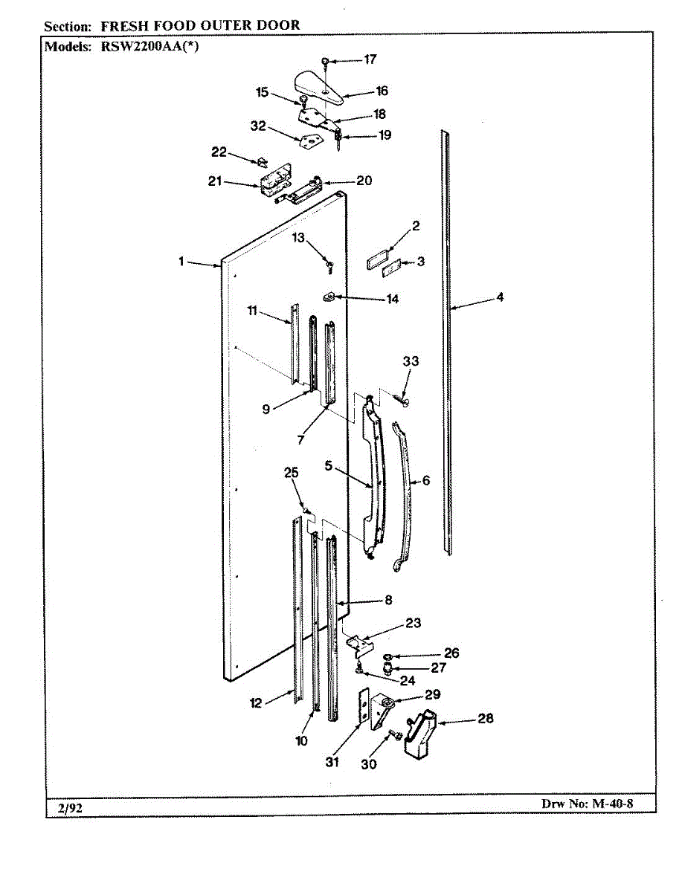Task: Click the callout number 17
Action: [370, 59]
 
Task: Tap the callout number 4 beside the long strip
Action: [500, 298]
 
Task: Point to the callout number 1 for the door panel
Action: [180, 262]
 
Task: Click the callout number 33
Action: [411, 362]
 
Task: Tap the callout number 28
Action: [485, 719]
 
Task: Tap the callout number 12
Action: [257, 703]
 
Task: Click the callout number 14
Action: [391, 299]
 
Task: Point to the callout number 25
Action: [291, 473]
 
